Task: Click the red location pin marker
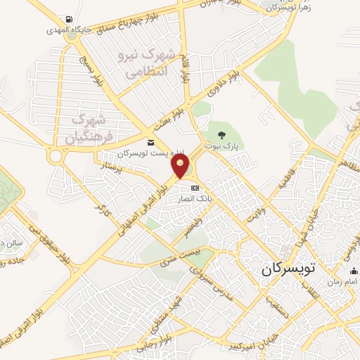pyautogui.click(x=181, y=167)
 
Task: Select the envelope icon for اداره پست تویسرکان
pyautogui.click(x=150, y=143)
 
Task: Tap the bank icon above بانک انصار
pyautogui.click(x=195, y=188)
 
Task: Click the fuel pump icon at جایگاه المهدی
pyautogui.click(x=67, y=19)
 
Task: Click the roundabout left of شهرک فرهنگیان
pyautogui.click(x=56, y=155)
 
